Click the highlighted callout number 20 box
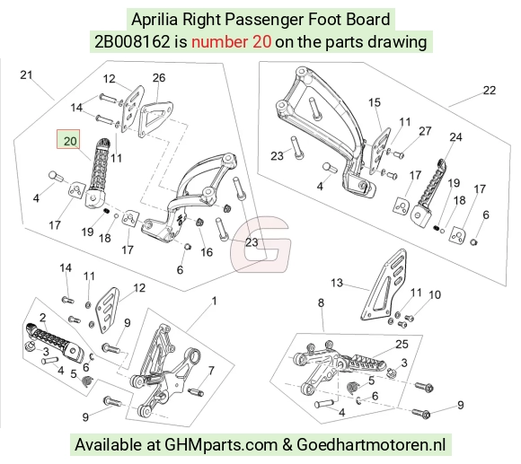[68, 139]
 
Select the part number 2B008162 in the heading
[132, 42]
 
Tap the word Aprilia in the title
[155, 20]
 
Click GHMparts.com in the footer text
[221, 444]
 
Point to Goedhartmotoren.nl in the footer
[371, 444]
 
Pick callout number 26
[159, 78]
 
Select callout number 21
[26, 75]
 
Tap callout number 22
[489, 91]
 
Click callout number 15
[375, 102]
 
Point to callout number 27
[425, 131]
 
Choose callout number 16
[207, 252]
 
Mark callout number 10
[435, 294]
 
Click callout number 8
[321, 302]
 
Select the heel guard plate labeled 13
[384, 285]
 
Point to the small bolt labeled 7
[196, 392]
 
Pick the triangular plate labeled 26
[155, 119]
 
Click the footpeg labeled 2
[55, 343]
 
